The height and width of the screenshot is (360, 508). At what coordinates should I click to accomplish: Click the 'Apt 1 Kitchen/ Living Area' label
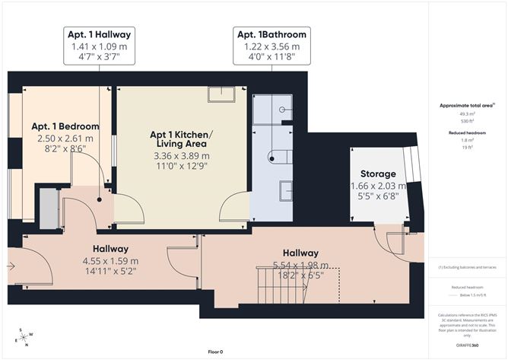click(x=181, y=139)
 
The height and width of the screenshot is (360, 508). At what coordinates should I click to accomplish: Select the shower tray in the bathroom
click(x=272, y=111)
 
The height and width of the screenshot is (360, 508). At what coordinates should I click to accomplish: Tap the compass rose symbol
click(x=25, y=337)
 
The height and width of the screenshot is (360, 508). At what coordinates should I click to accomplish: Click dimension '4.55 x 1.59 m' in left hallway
click(x=110, y=260)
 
